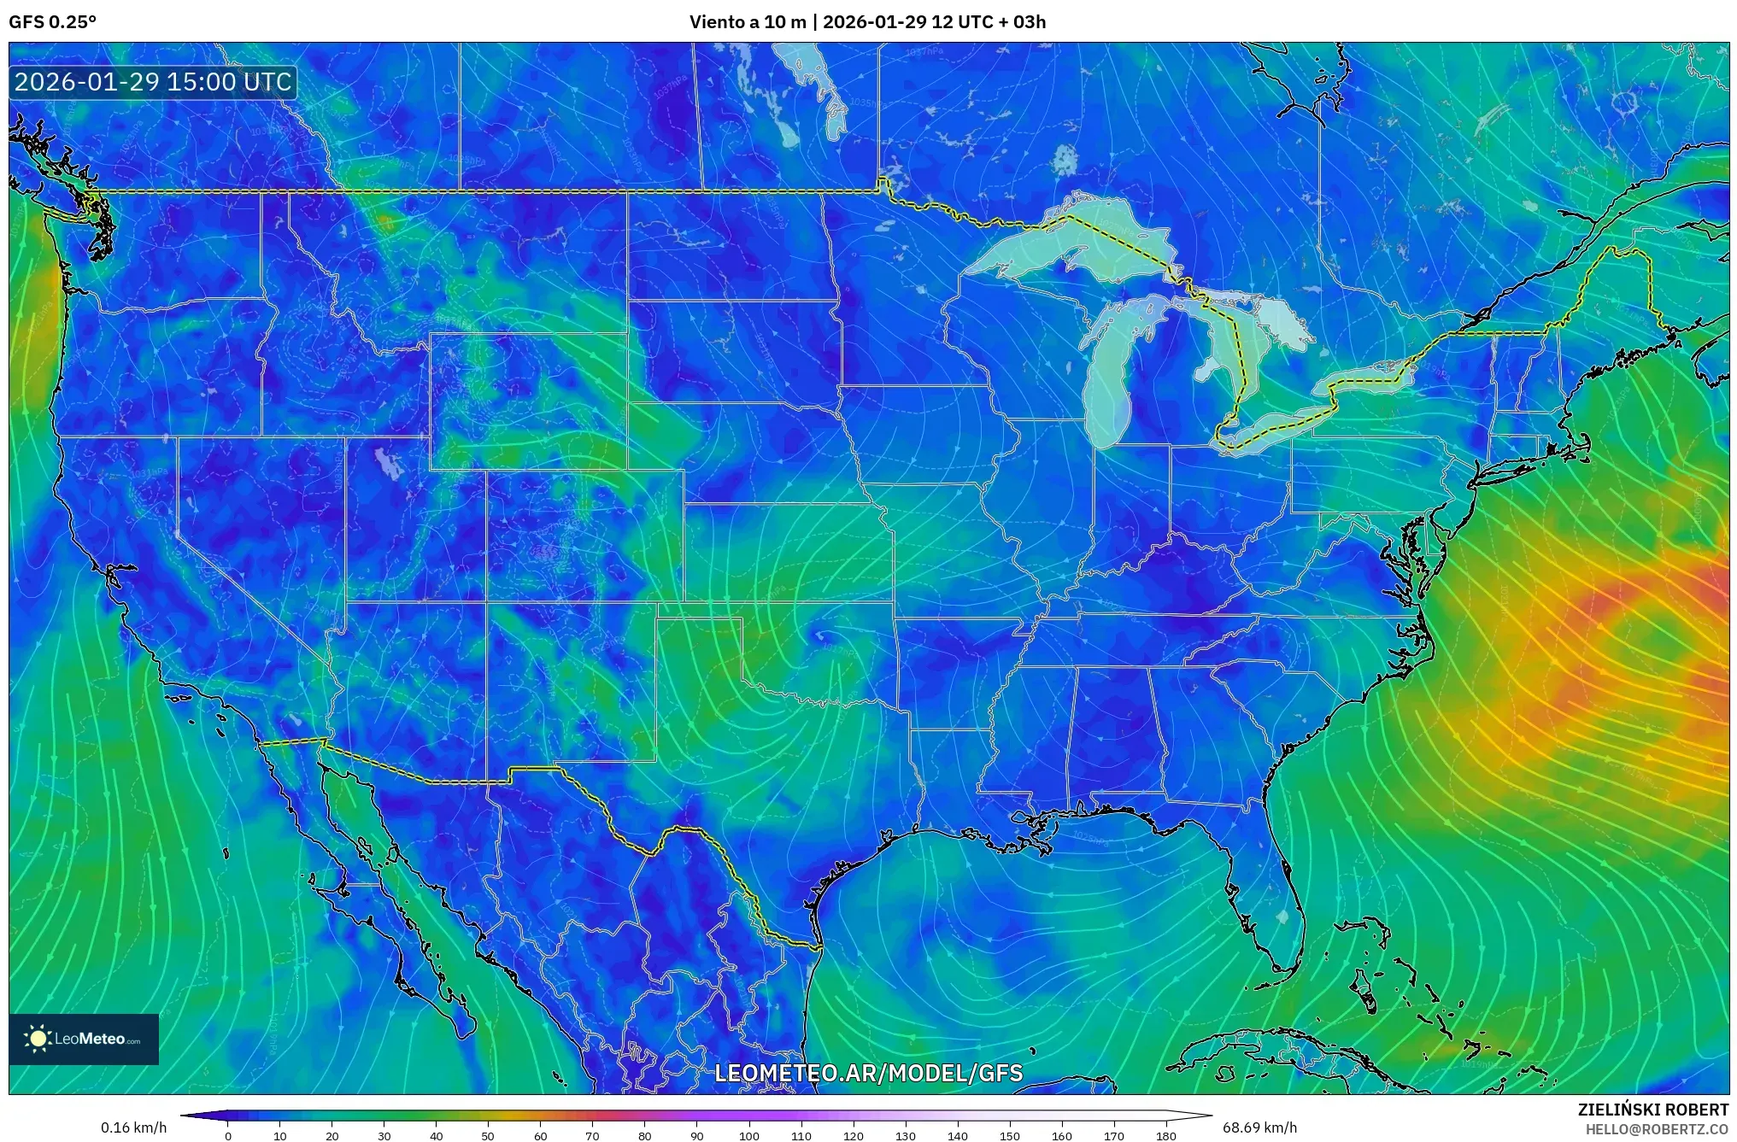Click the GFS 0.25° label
point(52,22)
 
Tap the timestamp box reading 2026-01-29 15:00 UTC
point(154,82)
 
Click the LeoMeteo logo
point(84,1039)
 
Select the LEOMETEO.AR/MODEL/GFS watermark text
point(868,1073)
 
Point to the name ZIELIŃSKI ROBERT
point(1652,1110)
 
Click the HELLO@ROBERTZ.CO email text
point(1657,1129)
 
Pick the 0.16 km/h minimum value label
point(133,1127)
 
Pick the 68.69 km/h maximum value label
point(1259,1127)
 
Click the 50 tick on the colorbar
point(488,1135)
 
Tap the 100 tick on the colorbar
point(748,1135)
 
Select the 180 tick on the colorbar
point(1165,1135)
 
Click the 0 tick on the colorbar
point(227,1135)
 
